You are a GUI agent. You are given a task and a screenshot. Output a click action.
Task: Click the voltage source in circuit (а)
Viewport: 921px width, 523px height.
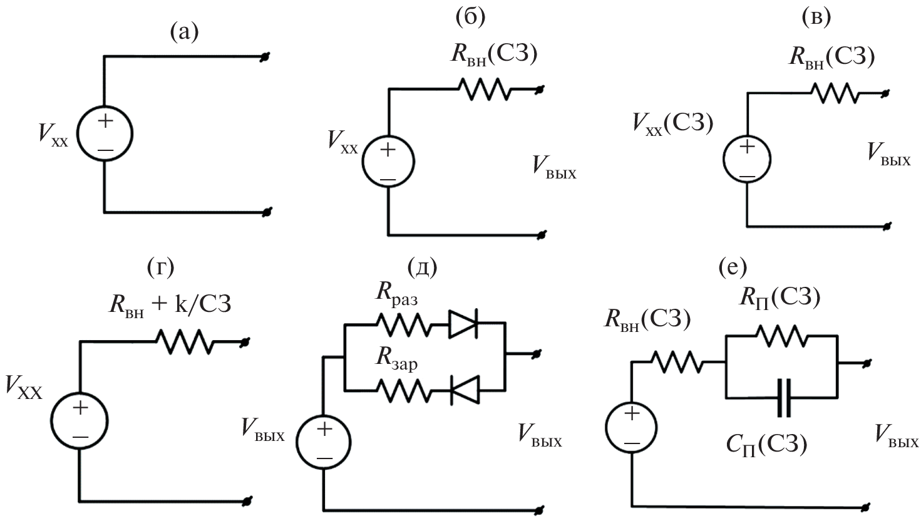pyautogui.click(x=105, y=134)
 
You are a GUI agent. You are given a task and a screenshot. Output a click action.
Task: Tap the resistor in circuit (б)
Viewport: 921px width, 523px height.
pyautogui.click(x=485, y=89)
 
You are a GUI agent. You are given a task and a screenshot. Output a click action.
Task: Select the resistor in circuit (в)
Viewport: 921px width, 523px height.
pyautogui.click(x=835, y=93)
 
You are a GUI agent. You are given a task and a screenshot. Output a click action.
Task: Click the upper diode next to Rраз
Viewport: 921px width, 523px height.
pyautogui.click(x=464, y=324)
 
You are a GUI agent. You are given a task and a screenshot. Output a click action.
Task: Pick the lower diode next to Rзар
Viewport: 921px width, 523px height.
pyautogui.click(x=464, y=390)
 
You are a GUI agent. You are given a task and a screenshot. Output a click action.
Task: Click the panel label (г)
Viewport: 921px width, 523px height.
pyautogui.click(x=158, y=267)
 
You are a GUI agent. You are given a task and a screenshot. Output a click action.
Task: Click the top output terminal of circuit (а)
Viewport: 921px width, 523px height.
pyautogui.click(x=265, y=57)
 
